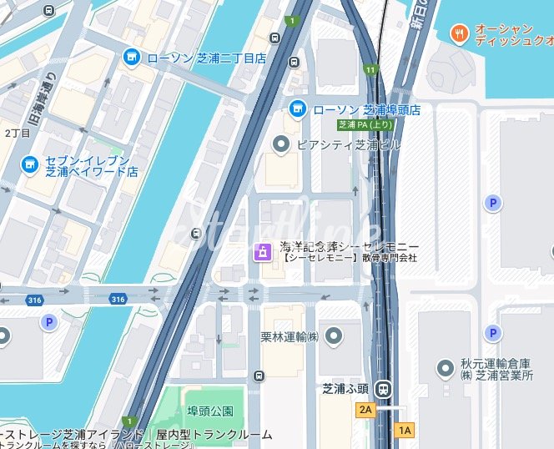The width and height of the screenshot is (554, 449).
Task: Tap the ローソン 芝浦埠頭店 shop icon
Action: [297, 109]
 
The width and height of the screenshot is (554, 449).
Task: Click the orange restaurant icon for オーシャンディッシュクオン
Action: [458, 33]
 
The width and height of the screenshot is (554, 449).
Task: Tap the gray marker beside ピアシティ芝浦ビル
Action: [282, 144]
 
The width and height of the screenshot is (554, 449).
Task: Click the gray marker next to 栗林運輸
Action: [334, 336]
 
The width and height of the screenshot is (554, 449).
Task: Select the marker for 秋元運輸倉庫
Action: [446, 368]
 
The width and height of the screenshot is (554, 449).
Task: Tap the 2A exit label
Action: [365, 410]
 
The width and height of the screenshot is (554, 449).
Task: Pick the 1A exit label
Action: [405, 431]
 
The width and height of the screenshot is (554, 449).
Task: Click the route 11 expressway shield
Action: [370, 70]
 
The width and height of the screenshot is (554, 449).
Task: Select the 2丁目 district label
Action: [16, 133]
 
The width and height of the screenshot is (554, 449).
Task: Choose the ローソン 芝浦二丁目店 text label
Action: [206, 58]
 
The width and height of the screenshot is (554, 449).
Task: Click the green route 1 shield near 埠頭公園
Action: [128, 421]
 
